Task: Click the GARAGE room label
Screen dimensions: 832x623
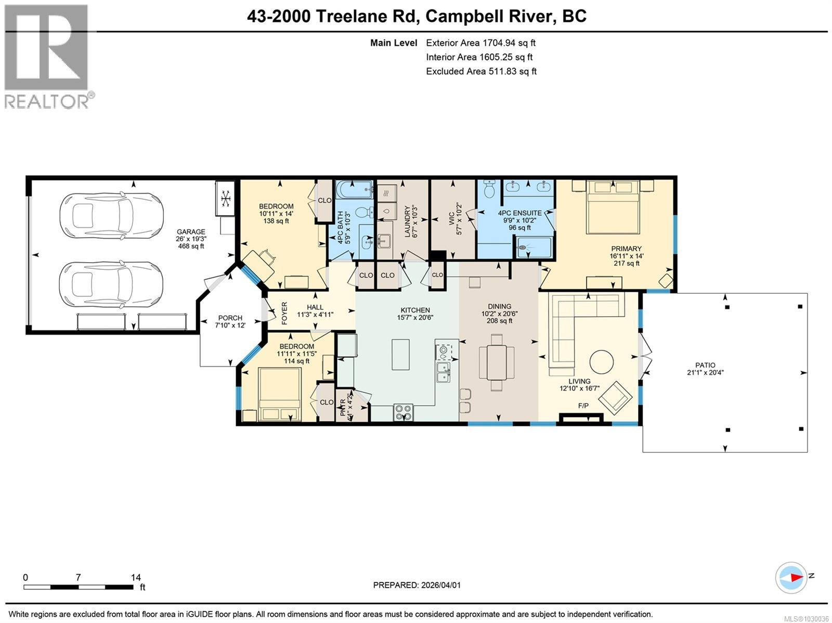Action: point(191,231)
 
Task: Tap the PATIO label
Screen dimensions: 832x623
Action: point(705,365)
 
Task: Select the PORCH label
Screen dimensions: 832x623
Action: point(230,318)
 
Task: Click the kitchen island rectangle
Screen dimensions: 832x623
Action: point(400,354)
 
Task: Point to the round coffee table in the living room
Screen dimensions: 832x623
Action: point(601,362)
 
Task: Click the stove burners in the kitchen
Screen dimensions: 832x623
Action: point(404,412)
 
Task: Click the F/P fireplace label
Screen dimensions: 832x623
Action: point(583,406)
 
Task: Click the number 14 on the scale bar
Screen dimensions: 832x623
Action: point(136,577)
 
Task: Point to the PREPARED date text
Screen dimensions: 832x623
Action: point(417,585)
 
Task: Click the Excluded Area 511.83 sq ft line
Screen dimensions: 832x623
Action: point(481,71)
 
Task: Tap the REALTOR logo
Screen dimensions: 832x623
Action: point(48,57)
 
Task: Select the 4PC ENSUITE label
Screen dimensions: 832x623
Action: point(519,213)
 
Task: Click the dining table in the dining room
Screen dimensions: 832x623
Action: point(497,362)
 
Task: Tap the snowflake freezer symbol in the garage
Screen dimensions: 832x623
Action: point(225,199)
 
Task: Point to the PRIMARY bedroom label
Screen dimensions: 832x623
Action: point(626,249)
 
